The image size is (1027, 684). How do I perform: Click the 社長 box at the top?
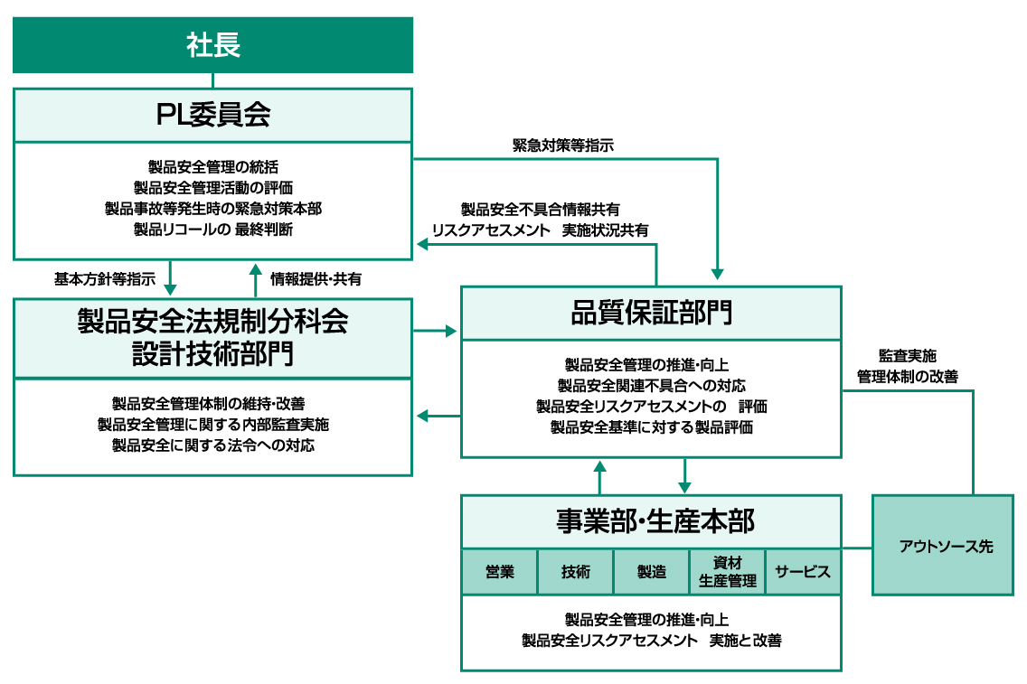(x=212, y=44)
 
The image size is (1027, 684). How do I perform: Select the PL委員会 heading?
(x=212, y=116)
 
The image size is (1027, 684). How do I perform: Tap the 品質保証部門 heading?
(x=651, y=314)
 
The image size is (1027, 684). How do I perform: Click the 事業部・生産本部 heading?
(x=651, y=521)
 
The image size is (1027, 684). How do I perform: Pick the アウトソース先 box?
(x=943, y=546)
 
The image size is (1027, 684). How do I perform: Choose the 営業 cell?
(x=499, y=572)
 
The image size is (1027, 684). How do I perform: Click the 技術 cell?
(x=575, y=572)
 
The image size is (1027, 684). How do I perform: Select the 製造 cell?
(x=651, y=572)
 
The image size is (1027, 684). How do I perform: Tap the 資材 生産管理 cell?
(x=727, y=572)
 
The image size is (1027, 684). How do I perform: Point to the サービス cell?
(x=803, y=572)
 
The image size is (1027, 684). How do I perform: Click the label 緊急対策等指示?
(x=563, y=145)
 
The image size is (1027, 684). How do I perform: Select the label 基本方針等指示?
(x=105, y=279)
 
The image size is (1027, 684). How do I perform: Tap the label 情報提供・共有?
(x=316, y=279)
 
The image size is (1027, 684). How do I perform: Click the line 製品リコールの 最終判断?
(x=212, y=230)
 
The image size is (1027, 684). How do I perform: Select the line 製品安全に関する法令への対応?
(x=212, y=445)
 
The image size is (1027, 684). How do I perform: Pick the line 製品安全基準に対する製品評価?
(x=651, y=427)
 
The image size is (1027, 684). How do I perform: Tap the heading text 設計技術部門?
(x=212, y=354)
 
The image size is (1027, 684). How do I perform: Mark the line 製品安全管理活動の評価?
(x=212, y=187)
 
